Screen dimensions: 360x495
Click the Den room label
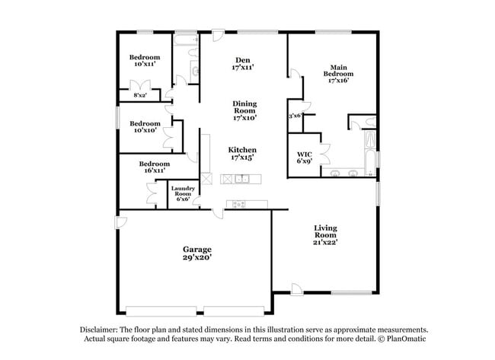click(243, 64)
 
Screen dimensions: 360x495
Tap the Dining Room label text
click(244, 110)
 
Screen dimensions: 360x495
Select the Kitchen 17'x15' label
click(242, 154)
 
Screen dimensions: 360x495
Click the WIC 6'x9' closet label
click(304, 158)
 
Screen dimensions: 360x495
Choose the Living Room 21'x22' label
click(326, 235)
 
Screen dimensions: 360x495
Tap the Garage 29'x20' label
click(196, 253)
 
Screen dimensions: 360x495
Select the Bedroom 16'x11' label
click(154, 167)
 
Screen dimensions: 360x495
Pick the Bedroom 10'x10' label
click(145, 127)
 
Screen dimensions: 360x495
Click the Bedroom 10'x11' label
click(144, 61)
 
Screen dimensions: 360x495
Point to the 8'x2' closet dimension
click(140, 95)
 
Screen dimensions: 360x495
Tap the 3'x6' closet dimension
click(295, 116)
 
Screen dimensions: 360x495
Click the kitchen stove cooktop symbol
click(239, 204)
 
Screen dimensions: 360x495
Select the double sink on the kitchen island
click(242, 179)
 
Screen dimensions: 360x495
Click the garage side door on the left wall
click(120, 221)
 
